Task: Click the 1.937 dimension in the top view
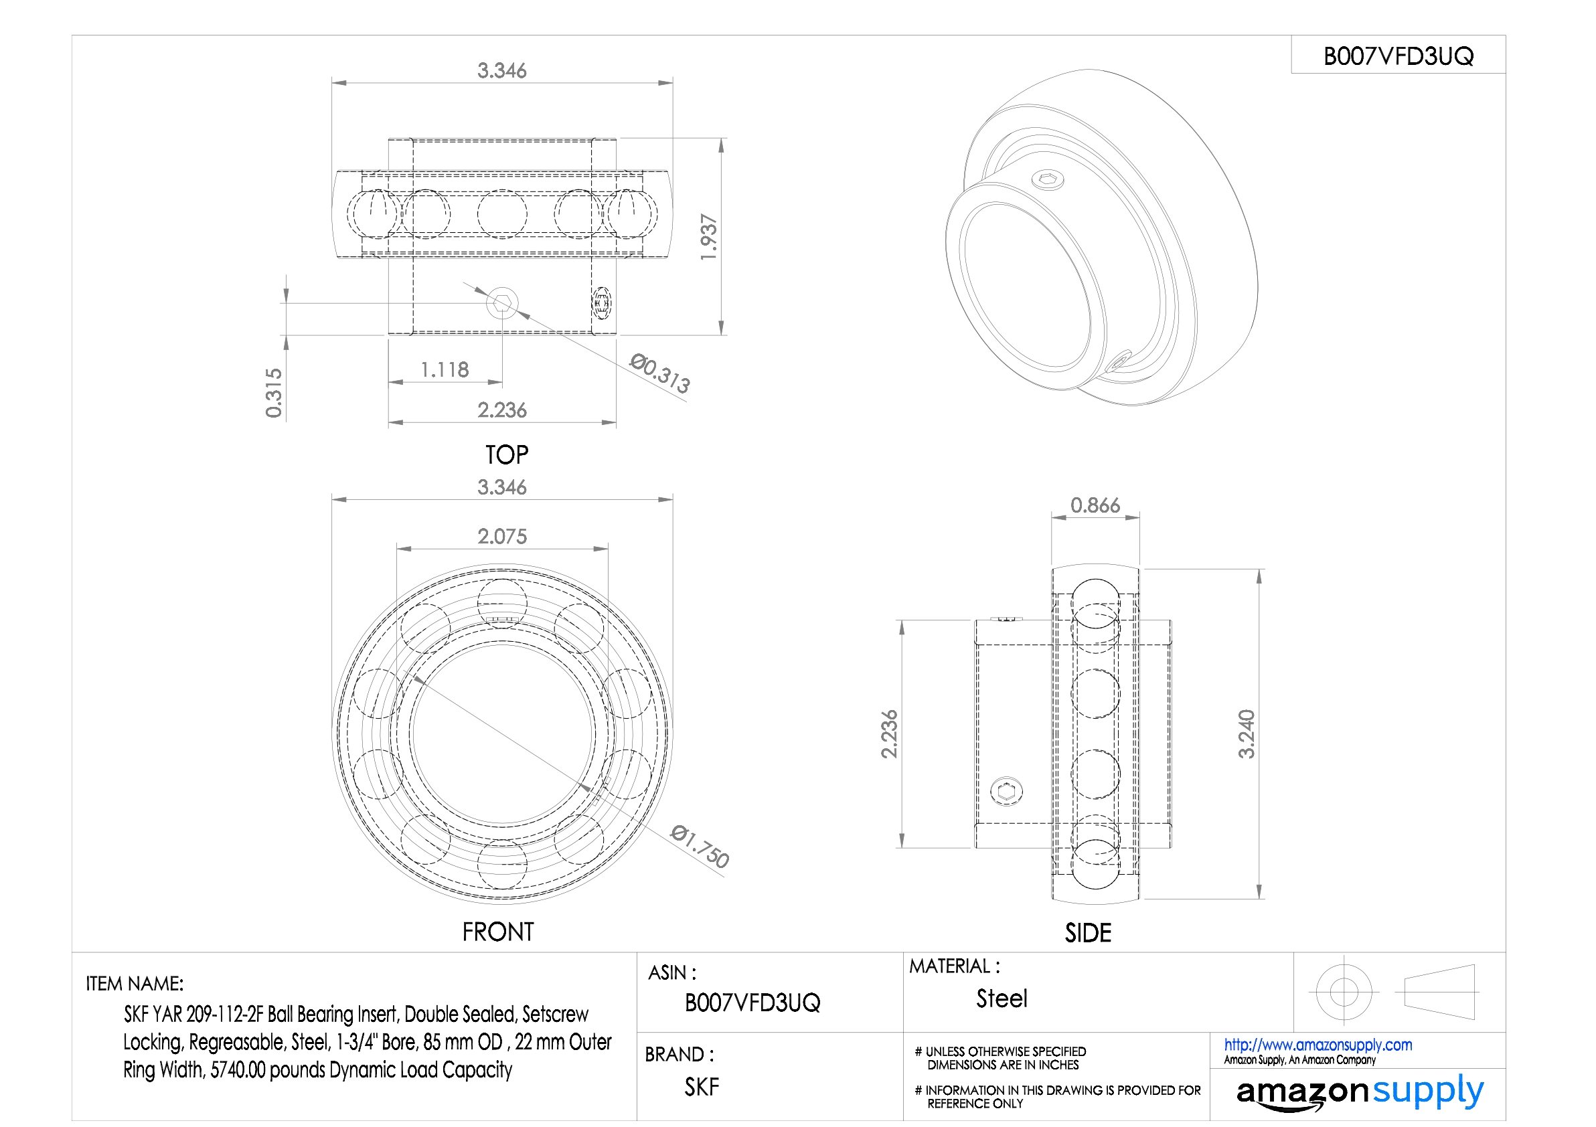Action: click(x=708, y=237)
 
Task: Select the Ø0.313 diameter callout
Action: click(x=659, y=373)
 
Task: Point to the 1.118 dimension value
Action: click(x=444, y=369)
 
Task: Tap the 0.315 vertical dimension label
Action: click(x=274, y=393)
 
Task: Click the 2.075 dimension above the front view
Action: click(x=502, y=537)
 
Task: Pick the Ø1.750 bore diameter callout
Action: click(x=700, y=847)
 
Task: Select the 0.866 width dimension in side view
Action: click(x=1095, y=505)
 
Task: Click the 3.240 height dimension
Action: click(x=1247, y=733)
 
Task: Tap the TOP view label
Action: click(x=507, y=455)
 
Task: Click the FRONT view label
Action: click(x=497, y=932)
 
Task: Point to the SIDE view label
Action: click(x=1088, y=932)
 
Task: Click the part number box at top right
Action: click(x=1398, y=56)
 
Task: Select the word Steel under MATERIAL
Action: click(x=1001, y=999)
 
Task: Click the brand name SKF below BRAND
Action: click(x=701, y=1087)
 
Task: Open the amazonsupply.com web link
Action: click(x=1318, y=1044)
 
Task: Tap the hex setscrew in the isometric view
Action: click(x=1045, y=181)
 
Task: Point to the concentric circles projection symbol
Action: click(x=1343, y=992)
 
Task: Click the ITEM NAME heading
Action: click(x=134, y=983)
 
